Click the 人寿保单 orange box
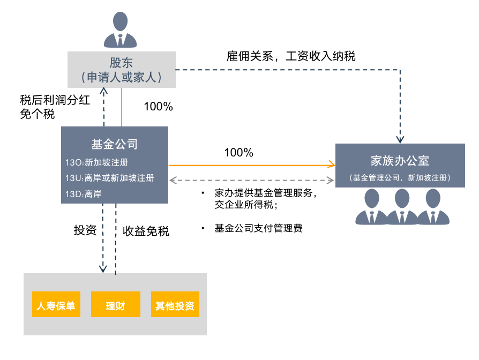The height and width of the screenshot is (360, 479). [56, 306]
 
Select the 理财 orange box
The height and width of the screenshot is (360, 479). [115, 306]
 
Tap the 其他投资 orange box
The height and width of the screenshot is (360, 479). [175, 306]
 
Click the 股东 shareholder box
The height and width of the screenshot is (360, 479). [122, 69]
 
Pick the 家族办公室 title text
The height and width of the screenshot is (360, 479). [400, 160]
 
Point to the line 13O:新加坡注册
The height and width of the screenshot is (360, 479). [97, 162]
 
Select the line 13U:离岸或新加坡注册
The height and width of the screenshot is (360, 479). [110, 178]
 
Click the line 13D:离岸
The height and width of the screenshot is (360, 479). [84, 194]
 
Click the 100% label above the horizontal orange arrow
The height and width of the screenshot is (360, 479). [238, 153]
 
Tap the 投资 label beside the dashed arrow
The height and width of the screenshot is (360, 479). [85, 231]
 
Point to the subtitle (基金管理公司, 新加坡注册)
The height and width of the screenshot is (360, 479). [400, 177]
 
